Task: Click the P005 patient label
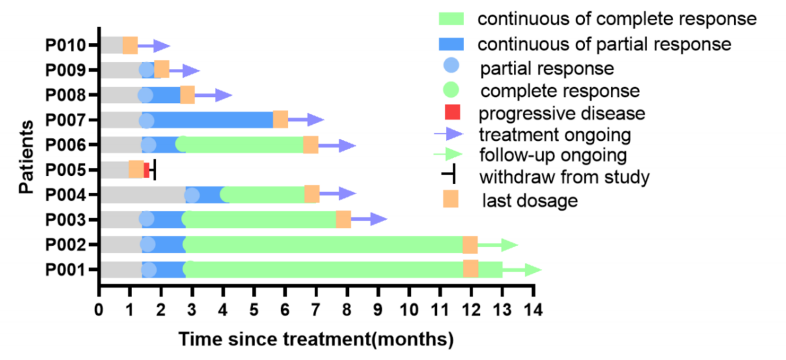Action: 66,170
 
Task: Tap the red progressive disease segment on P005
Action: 147,169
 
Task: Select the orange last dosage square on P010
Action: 130,45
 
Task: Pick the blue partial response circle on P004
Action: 192,195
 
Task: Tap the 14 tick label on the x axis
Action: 533,309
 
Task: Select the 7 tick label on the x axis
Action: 316,309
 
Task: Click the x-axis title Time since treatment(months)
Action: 315,340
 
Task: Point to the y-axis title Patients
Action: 27,157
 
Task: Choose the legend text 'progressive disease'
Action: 561,113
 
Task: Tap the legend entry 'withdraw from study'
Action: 564,177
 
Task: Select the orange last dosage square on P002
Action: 470,244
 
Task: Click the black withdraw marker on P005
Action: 154,169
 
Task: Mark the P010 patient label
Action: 66,46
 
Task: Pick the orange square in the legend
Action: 451,199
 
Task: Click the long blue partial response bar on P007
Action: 212,120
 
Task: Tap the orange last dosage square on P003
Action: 343,219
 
